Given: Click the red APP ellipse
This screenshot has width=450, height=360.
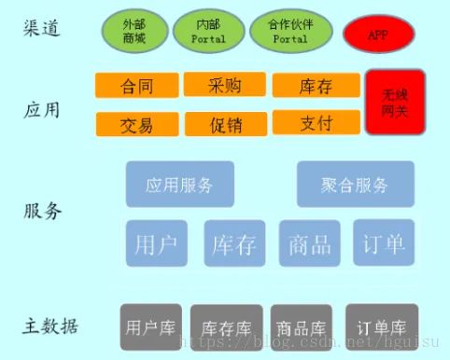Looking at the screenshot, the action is pyautogui.click(x=378, y=35).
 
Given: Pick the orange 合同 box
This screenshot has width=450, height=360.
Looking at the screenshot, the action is pyautogui.click(x=136, y=86).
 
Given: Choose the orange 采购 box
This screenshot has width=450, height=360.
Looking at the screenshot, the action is pyautogui.click(x=225, y=85).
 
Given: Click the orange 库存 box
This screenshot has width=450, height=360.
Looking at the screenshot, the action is pyautogui.click(x=316, y=86).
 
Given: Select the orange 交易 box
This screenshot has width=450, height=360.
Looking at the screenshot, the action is pyautogui.click(x=136, y=124).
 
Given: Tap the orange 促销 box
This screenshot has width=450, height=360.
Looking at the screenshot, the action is pyautogui.click(x=225, y=124).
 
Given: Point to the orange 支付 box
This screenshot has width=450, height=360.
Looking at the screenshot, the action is pyautogui.click(x=316, y=123).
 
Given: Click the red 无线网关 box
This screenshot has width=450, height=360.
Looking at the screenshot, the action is pyautogui.click(x=395, y=102).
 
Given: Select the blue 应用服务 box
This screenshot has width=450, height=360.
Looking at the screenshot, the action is pyautogui.click(x=179, y=184).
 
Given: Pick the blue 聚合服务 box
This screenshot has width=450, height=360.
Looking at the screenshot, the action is pyautogui.click(x=355, y=184).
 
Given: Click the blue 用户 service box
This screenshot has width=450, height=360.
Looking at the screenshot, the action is pyautogui.click(x=156, y=243).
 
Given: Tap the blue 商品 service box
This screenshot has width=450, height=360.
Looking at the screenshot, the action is pyautogui.click(x=309, y=243).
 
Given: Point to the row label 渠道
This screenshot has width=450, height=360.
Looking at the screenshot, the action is pyautogui.click(x=42, y=29).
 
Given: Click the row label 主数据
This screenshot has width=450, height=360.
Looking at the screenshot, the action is pyautogui.click(x=50, y=326).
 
